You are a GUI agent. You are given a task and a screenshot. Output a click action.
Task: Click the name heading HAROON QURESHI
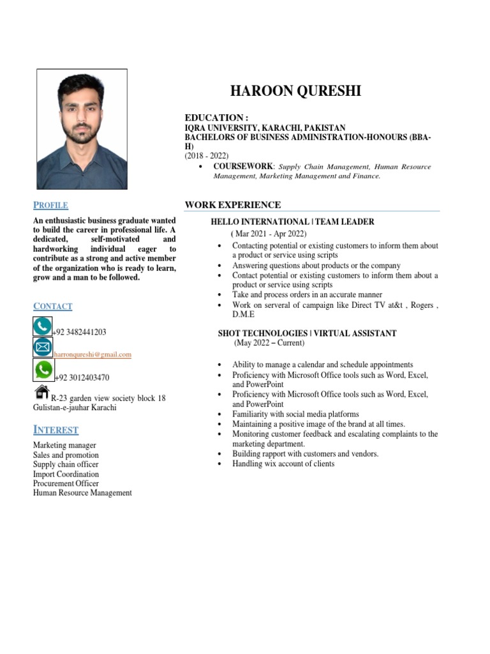point(295,91)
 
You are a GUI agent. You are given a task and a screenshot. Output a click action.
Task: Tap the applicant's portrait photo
point(82,129)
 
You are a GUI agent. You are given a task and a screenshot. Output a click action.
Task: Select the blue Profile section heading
point(50,205)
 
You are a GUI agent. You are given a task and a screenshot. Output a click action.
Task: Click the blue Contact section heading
point(52,307)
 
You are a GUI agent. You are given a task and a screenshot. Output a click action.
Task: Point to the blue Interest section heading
point(56,430)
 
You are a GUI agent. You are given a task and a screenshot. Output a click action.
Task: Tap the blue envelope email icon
point(43,347)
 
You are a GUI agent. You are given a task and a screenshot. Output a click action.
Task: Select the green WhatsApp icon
point(43,369)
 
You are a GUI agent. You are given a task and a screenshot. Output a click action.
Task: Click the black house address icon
point(42,391)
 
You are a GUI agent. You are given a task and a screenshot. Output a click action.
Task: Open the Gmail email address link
point(93,354)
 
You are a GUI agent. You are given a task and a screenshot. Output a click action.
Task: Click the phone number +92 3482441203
point(80,332)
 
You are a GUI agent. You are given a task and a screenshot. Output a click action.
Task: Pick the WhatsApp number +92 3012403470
point(82,377)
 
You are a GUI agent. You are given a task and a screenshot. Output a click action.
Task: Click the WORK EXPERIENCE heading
point(232,205)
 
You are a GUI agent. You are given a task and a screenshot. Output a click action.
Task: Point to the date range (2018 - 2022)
point(207,156)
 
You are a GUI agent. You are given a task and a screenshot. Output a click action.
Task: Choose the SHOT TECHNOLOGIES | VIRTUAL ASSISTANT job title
point(307,333)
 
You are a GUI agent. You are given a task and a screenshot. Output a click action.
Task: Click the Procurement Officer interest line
point(66,483)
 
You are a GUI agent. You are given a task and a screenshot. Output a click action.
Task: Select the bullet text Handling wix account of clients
point(283,464)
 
